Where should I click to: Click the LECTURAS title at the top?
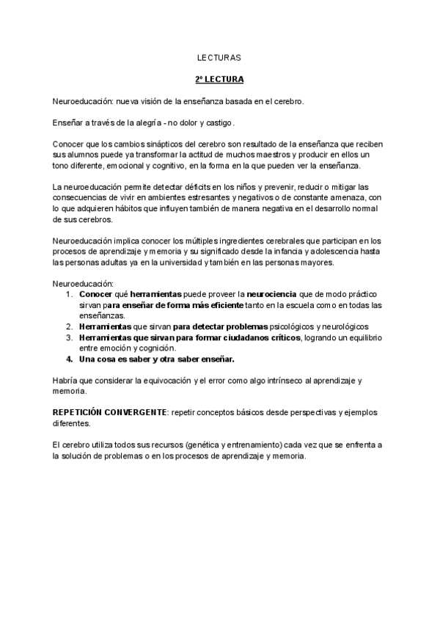pos(219,56)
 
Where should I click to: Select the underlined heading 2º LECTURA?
pos(219,78)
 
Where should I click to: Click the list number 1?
pos(68,294)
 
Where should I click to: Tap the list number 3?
pos(68,337)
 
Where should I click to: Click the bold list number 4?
pos(69,359)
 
